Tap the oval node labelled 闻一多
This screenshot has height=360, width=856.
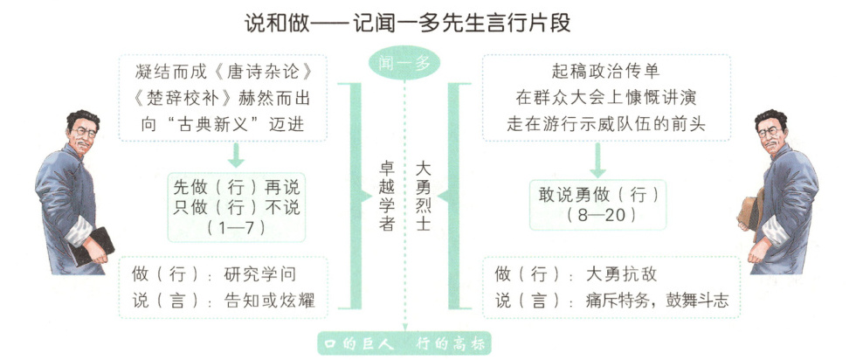404,64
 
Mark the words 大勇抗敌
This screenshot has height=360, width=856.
620,273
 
